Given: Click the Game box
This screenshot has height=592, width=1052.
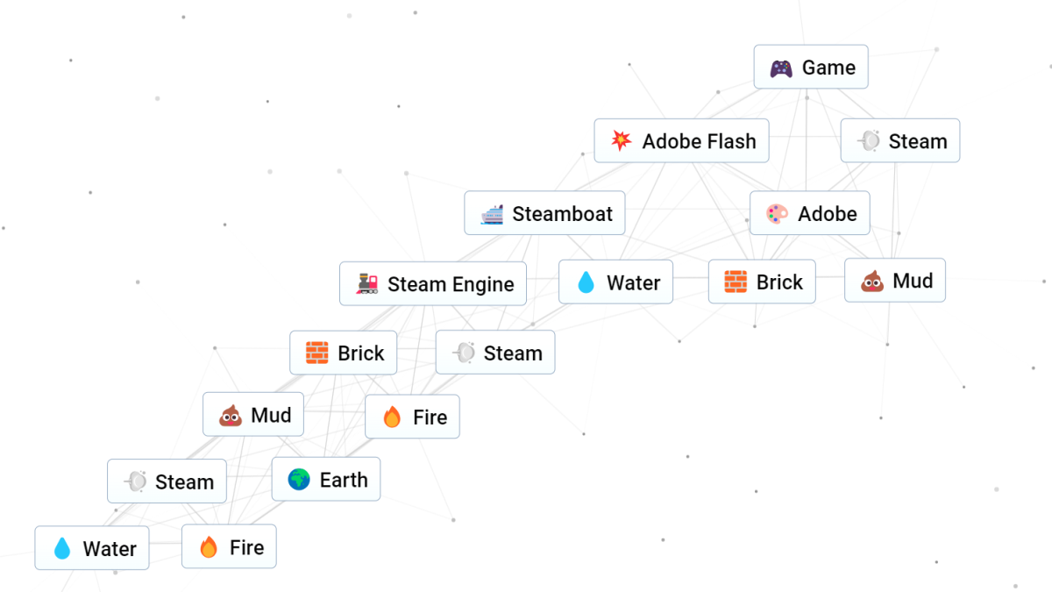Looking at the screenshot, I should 811,68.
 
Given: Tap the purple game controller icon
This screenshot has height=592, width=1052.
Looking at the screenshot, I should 781,68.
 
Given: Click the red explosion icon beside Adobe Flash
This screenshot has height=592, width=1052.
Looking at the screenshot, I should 622,141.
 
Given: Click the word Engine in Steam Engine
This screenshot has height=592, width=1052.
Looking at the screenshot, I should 483,284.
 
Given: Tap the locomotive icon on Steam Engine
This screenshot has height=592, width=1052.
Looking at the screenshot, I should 367,284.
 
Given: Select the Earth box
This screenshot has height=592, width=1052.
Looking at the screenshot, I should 326,480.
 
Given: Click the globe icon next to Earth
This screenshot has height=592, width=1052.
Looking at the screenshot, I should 299,480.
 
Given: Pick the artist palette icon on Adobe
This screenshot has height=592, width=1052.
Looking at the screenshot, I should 777,214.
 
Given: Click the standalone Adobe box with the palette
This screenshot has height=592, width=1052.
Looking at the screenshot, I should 810,213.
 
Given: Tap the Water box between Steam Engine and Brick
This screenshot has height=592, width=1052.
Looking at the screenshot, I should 615,282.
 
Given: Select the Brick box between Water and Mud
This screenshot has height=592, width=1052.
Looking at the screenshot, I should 762,282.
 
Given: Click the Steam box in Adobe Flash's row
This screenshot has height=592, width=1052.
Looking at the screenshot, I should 900,141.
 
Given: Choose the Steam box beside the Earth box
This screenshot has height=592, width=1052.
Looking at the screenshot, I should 167,481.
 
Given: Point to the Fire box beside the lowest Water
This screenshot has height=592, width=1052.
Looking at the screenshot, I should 229,547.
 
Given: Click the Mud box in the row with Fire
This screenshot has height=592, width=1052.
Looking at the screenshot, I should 253,415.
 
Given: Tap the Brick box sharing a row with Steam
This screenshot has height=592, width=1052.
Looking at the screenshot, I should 343,353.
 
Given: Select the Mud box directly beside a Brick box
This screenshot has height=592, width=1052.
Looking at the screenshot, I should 895,281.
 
